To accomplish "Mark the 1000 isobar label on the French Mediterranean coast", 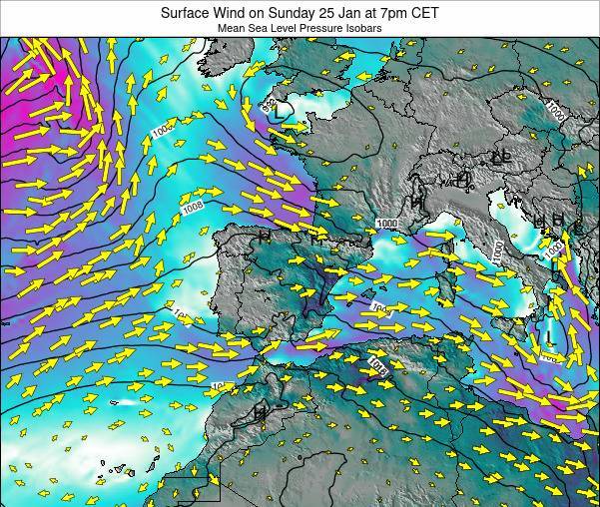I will pos(387,223).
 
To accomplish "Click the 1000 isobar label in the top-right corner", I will pos(556,109).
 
